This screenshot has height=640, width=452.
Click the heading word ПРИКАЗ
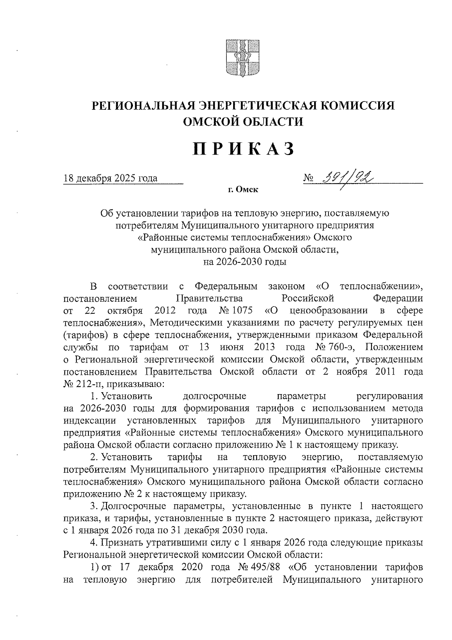pos(243,149)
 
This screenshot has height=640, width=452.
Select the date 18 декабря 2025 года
pos(110,178)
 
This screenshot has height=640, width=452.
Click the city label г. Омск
pos(243,190)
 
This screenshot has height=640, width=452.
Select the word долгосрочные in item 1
pos(214,396)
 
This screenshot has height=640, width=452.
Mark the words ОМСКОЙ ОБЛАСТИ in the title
pos(243,121)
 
